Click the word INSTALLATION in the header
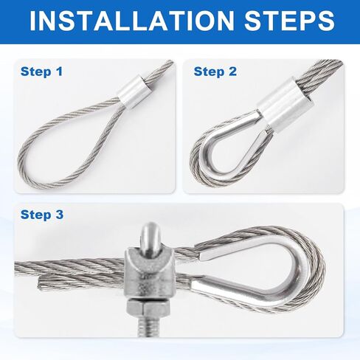point(132,21)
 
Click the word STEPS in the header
point(289,21)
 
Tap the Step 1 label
point(41,72)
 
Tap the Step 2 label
point(215,72)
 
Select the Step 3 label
point(42,215)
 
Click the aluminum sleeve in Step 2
point(286,104)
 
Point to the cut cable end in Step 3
point(40,283)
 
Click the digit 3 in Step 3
point(60,215)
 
